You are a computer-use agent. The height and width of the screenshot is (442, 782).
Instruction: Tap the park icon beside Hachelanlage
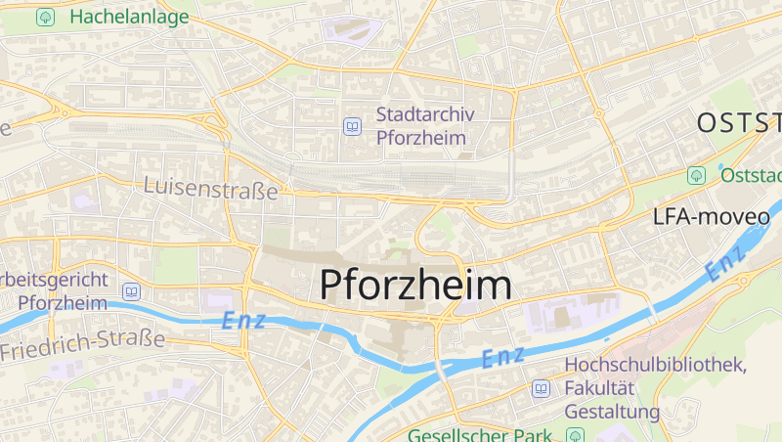coord(45,18)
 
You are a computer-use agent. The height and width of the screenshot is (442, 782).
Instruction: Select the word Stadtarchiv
coord(425,114)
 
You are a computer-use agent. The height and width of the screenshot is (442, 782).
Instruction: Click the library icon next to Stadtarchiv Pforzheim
coord(352,126)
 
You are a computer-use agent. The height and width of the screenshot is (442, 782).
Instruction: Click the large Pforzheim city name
coord(415,285)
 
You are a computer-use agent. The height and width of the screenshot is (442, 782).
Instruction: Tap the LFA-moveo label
coord(712,217)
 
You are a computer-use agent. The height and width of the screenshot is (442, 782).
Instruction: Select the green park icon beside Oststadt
coord(696,175)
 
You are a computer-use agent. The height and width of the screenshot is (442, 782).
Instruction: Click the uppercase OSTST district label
coord(739,123)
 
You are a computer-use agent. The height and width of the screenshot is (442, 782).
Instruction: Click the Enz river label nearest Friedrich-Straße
coord(243,320)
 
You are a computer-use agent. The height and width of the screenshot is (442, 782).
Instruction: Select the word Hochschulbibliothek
coord(656,365)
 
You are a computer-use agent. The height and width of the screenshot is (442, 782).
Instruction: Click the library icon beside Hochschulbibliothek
coord(541,389)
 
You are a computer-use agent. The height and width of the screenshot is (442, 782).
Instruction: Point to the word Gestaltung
coord(613,412)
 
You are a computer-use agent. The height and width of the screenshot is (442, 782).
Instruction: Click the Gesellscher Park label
coord(481,434)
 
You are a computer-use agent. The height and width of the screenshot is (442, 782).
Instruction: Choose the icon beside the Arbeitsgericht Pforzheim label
coord(132,291)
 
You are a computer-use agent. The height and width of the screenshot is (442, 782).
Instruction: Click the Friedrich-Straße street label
coord(82,340)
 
